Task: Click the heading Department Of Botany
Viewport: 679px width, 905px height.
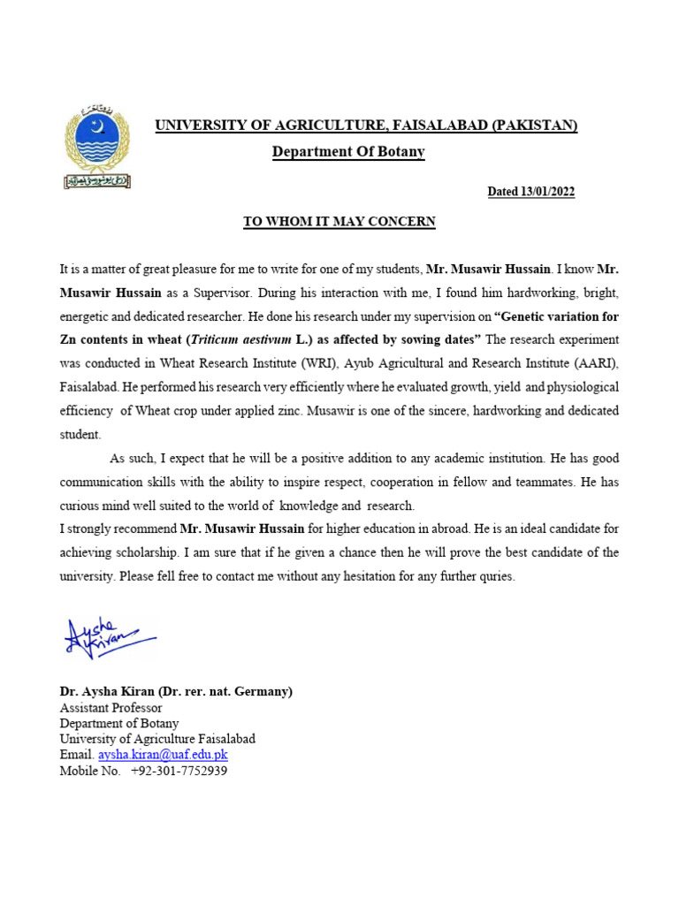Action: click(348, 152)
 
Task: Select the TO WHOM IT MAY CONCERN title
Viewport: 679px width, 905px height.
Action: click(339, 222)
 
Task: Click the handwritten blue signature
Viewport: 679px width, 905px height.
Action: click(106, 636)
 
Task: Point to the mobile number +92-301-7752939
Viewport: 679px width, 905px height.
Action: click(179, 771)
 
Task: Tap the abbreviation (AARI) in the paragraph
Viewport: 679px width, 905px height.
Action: click(596, 363)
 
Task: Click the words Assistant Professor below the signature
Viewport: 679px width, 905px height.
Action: click(111, 707)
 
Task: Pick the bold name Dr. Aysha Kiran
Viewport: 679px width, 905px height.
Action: click(106, 691)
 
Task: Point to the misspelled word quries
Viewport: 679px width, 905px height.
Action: click(493, 577)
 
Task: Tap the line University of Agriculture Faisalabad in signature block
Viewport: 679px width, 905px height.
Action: click(157, 739)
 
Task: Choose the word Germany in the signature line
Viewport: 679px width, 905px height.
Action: click(263, 691)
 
